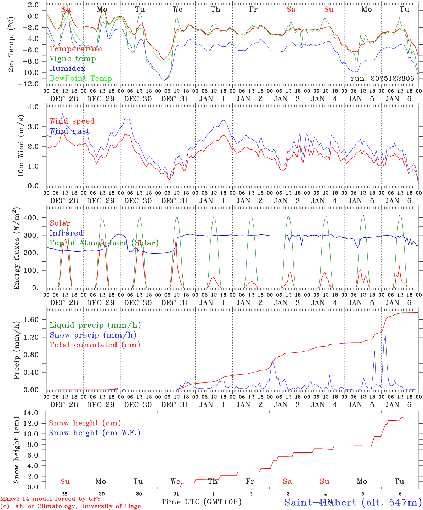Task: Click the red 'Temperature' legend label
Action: tap(75, 49)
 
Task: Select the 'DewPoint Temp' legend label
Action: tap(81, 79)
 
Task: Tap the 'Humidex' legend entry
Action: tap(67, 69)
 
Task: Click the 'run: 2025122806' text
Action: tap(382, 79)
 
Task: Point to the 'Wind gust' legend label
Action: tap(69, 131)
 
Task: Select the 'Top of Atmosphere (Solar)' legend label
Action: tap(104, 243)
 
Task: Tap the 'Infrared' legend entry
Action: tap(66, 233)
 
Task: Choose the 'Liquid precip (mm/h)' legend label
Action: tap(95, 325)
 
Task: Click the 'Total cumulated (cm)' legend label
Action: tap(95, 345)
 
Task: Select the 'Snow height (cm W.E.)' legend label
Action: tap(94, 433)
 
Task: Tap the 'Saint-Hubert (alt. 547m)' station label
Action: tap(352, 502)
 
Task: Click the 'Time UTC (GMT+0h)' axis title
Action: tap(201, 502)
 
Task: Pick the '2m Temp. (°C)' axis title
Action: tap(12, 45)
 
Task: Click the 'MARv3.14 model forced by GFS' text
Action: tap(50, 499)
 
